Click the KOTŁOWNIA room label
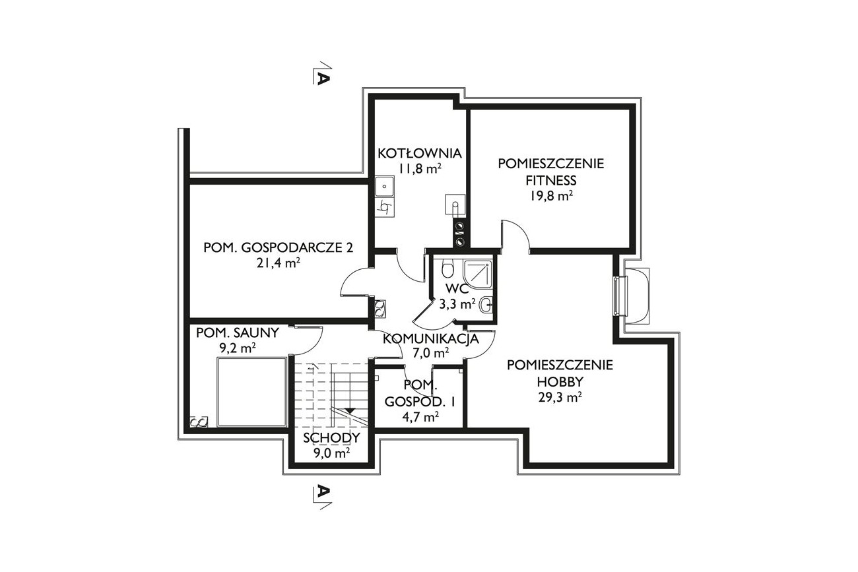pos(419,154)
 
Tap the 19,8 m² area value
pos(551,197)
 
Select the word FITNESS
pos(551,180)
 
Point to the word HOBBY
pos(560,382)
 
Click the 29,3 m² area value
pos(560,398)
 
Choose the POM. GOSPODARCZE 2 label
pos(278,247)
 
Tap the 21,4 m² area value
pos(278,263)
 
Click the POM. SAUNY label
pos(238,333)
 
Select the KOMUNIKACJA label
pos(431,339)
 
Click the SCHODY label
pos(332,437)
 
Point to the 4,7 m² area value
pos(420,417)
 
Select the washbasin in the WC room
pos(486,305)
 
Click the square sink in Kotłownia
pos(384,187)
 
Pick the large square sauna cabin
pos(252,392)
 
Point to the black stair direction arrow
pos(349,410)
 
